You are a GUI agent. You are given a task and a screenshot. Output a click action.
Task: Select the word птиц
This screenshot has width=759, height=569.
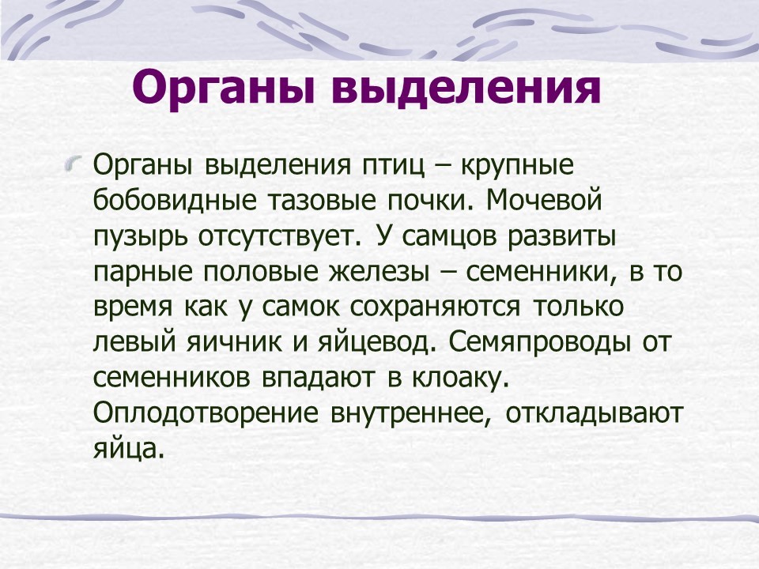point(393,165)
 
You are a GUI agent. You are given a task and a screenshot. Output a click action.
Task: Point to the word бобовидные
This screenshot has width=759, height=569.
point(175,200)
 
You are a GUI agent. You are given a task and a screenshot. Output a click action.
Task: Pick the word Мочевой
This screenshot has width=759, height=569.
point(544,200)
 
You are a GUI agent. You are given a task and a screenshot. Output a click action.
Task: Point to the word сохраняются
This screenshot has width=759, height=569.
point(435,307)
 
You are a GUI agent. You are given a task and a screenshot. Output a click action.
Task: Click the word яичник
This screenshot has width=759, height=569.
point(233,342)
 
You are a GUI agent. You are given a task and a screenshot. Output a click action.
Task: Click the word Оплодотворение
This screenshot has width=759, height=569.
point(206,414)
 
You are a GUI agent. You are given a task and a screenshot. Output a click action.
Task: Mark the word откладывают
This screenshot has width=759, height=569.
point(594,414)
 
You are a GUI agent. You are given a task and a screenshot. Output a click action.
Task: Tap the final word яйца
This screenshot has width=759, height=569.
point(126,449)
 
